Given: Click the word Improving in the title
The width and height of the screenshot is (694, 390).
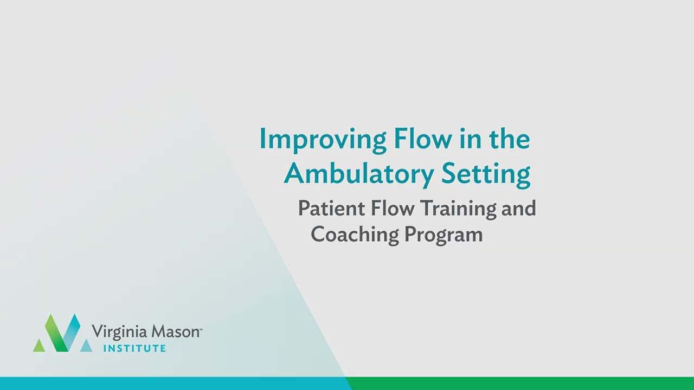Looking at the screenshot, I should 322,140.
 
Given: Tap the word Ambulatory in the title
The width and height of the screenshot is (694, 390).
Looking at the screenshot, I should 358,173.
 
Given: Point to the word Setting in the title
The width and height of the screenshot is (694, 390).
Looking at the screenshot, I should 485,174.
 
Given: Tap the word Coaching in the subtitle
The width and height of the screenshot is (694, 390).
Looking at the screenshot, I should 354,235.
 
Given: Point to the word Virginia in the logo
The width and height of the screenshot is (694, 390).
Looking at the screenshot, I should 119,331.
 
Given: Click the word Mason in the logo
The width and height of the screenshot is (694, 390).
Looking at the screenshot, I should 173,331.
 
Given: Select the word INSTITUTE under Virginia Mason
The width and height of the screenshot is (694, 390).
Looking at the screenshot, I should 134,348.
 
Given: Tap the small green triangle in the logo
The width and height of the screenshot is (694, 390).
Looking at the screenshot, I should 39,346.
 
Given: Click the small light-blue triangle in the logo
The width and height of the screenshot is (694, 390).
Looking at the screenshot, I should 86,346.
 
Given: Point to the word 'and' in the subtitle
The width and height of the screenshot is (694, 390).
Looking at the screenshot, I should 518,209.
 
